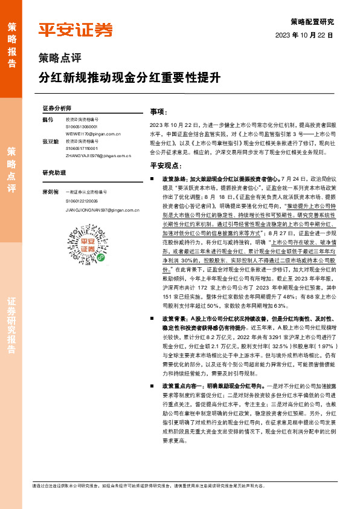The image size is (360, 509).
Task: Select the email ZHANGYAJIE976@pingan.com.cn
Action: pos(97,155)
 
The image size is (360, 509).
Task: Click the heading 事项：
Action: pos(158,112)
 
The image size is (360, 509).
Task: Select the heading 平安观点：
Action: pos(166,166)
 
